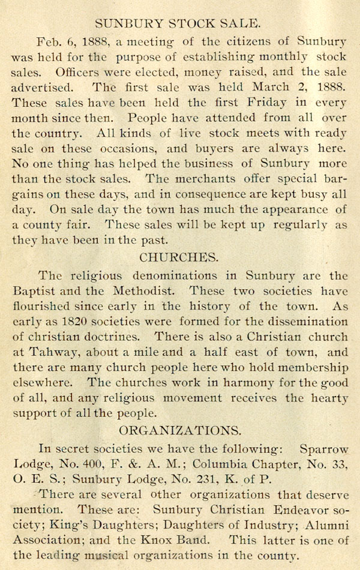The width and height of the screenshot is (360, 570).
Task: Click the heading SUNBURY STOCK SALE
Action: pos(178,24)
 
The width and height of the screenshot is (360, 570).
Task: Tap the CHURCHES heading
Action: pos(178,257)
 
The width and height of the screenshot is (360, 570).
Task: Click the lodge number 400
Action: pos(102,464)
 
